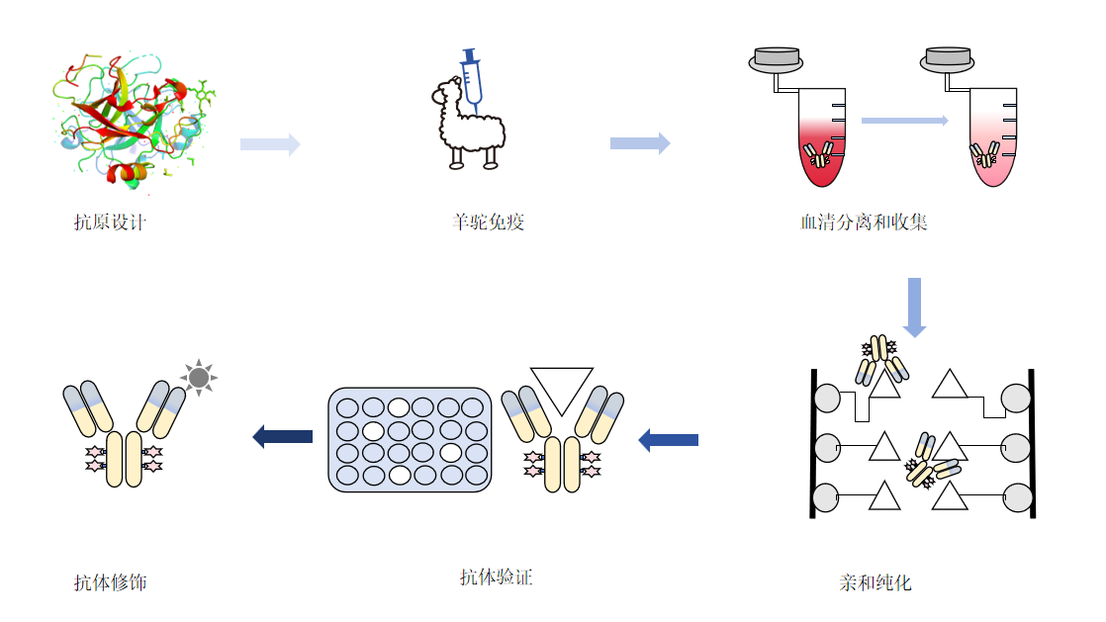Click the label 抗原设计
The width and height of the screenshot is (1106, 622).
[110, 222]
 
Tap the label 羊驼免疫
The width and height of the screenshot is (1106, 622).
[488, 222]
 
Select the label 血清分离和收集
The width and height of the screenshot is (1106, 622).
[864, 222]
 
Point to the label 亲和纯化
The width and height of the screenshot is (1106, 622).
[876, 582]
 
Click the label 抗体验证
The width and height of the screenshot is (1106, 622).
[497, 578]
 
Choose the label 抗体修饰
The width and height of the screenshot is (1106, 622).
[110, 582]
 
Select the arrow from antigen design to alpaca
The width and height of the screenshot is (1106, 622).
[270, 144]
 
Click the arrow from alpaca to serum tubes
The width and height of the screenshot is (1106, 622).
[640, 143]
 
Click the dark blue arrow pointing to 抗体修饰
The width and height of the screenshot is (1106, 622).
[283, 435]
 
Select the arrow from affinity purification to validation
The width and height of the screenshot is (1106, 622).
[668, 439]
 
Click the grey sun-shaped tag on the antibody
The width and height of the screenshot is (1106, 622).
[199, 377]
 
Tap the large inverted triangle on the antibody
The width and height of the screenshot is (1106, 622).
[561, 390]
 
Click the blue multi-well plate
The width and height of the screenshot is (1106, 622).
[410, 440]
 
